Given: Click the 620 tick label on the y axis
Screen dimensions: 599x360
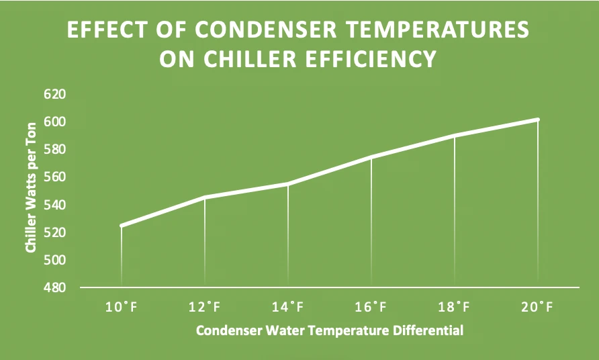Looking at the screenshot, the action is [x=55, y=94].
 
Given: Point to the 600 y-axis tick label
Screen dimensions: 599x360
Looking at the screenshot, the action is [x=55, y=122].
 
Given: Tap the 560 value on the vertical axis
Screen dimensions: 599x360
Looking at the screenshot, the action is [x=55, y=177].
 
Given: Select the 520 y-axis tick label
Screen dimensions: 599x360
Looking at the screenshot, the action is [x=55, y=232].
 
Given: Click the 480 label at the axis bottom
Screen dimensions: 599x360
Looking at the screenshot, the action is [x=55, y=287].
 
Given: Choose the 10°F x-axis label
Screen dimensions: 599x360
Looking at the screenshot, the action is [x=121, y=307].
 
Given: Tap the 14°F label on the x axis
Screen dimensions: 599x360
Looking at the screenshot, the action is [x=287, y=307].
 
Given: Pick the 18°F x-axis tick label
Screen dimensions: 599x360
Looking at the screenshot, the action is [x=454, y=307].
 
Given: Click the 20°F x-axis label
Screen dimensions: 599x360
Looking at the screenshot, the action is [x=537, y=307].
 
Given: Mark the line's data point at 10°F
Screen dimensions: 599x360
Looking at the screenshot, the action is [x=122, y=226].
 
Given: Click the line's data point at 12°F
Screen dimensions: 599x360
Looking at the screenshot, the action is [x=205, y=197].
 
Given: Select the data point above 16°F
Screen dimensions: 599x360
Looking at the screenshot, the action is [x=371, y=156].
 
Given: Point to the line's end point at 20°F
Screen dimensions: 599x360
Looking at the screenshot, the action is [x=538, y=120].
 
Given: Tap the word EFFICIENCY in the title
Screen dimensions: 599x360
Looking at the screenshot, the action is [x=371, y=59].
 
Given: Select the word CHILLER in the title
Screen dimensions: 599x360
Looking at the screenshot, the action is [x=250, y=59].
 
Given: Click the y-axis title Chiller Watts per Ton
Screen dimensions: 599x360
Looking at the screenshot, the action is [x=31, y=187].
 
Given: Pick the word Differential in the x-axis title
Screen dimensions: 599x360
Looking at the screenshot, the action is [x=428, y=330].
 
